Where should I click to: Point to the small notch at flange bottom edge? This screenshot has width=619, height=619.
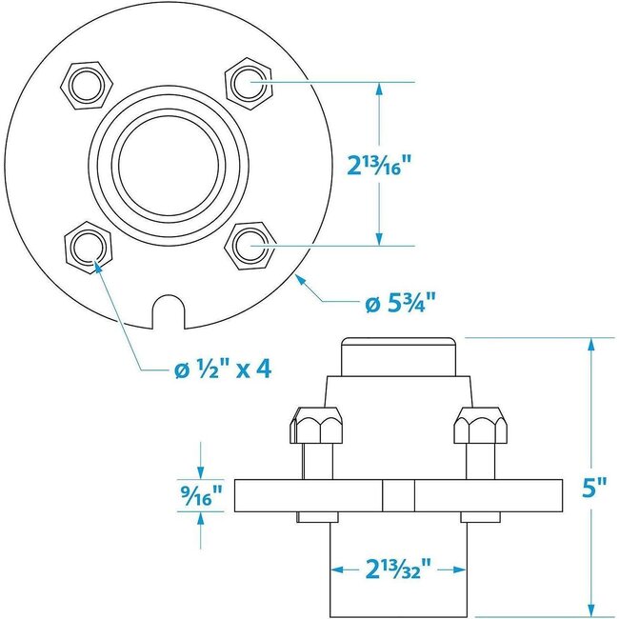point(169,312)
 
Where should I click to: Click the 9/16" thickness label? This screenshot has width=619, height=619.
point(202,495)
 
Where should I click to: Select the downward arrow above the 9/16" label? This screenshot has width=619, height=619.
point(202,471)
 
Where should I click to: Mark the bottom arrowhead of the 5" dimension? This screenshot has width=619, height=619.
point(591,606)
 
